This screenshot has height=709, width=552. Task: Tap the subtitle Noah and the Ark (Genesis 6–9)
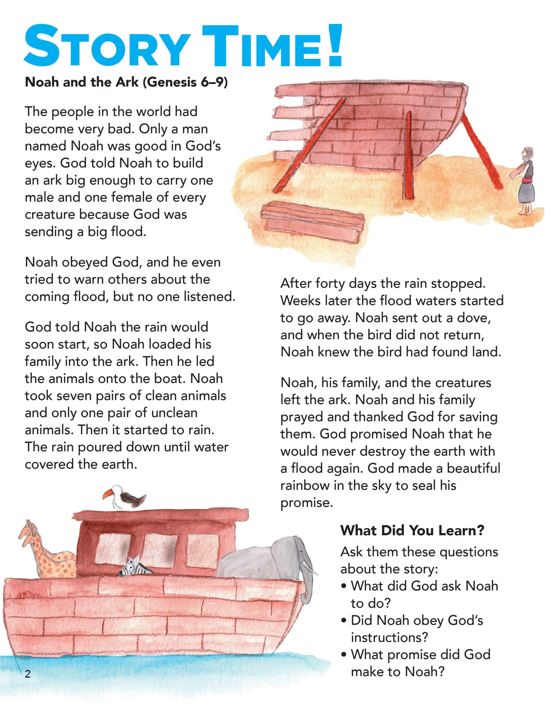click(126, 83)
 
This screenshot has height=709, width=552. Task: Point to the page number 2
click(28, 674)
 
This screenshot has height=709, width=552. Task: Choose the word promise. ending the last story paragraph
click(307, 503)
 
